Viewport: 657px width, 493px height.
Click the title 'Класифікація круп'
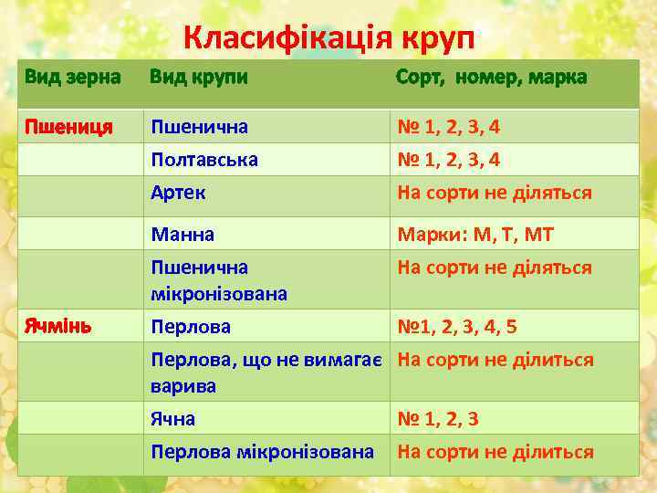tap(328, 38)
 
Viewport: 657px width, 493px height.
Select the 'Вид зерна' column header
tap(72, 78)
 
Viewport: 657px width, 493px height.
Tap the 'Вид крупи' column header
tap(198, 78)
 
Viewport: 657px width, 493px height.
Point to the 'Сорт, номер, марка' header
tap(491, 78)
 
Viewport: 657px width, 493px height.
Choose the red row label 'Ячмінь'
tap(57, 326)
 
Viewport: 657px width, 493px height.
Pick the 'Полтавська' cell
tap(204, 160)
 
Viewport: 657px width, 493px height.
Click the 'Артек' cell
tap(179, 193)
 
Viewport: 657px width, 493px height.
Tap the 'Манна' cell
tap(182, 235)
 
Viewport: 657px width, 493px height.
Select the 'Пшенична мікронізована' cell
tap(219, 280)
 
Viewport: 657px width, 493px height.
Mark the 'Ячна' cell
tap(173, 419)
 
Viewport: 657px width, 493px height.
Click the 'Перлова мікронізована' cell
tap(263, 452)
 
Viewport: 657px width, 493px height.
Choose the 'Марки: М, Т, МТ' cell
tap(474, 235)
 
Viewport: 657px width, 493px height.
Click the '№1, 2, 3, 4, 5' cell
tap(456, 326)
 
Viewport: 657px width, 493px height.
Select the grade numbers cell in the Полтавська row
tap(448, 160)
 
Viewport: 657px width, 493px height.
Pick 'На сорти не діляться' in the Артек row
tap(494, 193)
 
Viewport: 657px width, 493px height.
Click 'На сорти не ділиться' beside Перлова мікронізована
tap(495, 452)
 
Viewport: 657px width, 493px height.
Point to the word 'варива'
tap(183, 386)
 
